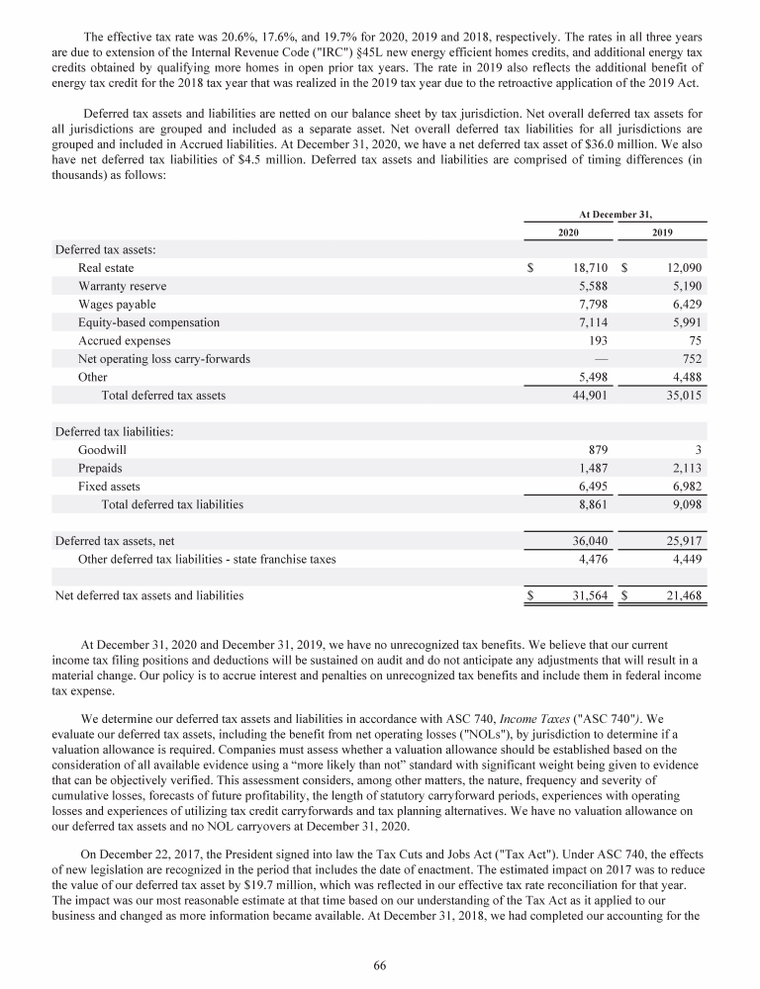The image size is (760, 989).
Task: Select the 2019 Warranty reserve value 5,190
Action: [683, 286]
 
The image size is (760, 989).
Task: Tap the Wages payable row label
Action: [117, 305]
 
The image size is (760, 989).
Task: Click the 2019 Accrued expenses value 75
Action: [693, 340]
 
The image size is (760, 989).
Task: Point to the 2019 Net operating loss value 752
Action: [690, 359]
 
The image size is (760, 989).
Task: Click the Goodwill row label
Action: [102, 450]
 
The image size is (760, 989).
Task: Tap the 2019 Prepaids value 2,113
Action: [683, 468]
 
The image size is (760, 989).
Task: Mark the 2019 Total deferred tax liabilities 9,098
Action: [683, 504]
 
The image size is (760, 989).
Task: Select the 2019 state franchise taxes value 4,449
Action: [683, 559]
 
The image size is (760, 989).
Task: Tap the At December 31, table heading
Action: [616, 213]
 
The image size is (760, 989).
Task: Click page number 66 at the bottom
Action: [379, 965]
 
